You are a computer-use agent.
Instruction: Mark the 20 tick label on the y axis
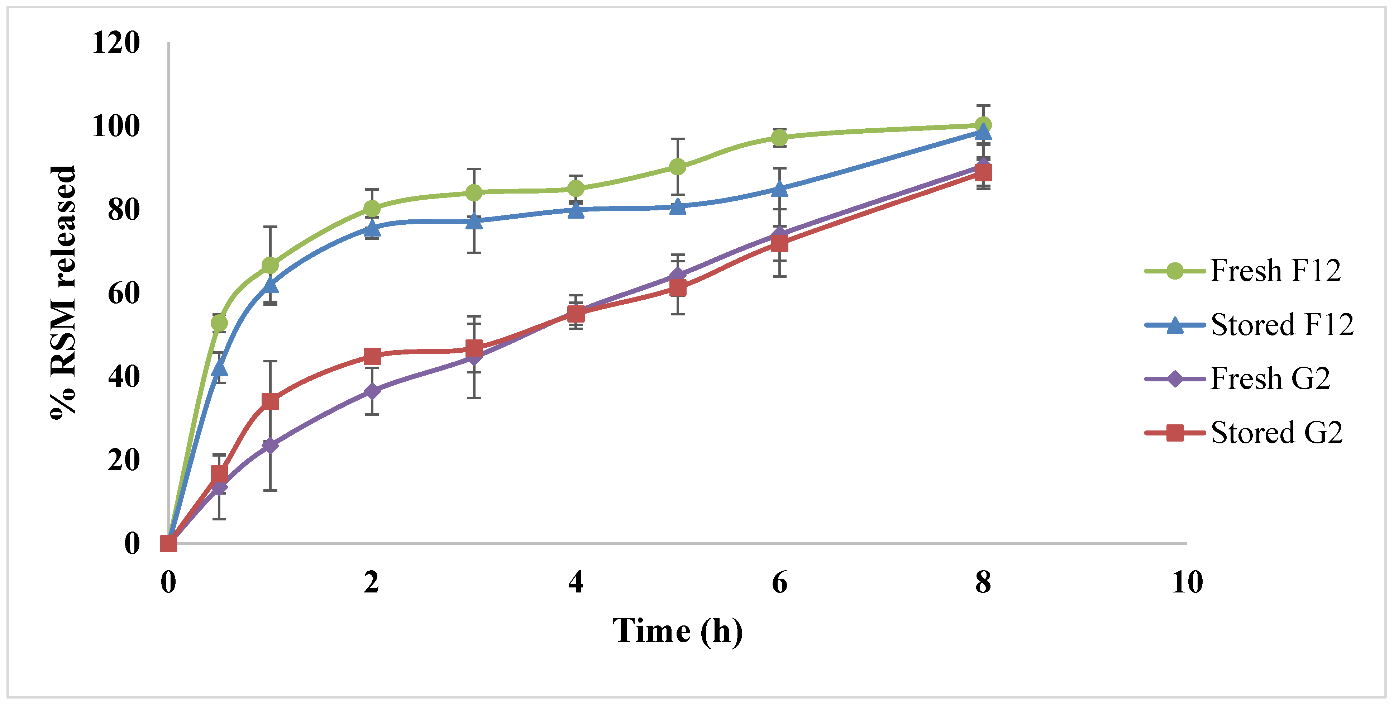tap(123, 461)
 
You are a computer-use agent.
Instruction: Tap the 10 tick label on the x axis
tap(1187, 583)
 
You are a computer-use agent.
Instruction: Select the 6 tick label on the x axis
tap(779, 583)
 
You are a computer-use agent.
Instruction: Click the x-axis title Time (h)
tap(678, 631)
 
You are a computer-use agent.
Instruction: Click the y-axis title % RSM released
tap(63, 292)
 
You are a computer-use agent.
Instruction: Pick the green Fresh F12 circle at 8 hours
tap(983, 125)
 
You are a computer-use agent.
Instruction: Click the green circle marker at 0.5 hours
tap(219, 323)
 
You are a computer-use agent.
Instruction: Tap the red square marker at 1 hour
tap(270, 401)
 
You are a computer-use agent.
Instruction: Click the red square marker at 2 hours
tap(372, 356)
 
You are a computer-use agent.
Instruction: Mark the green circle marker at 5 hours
tap(678, 167)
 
